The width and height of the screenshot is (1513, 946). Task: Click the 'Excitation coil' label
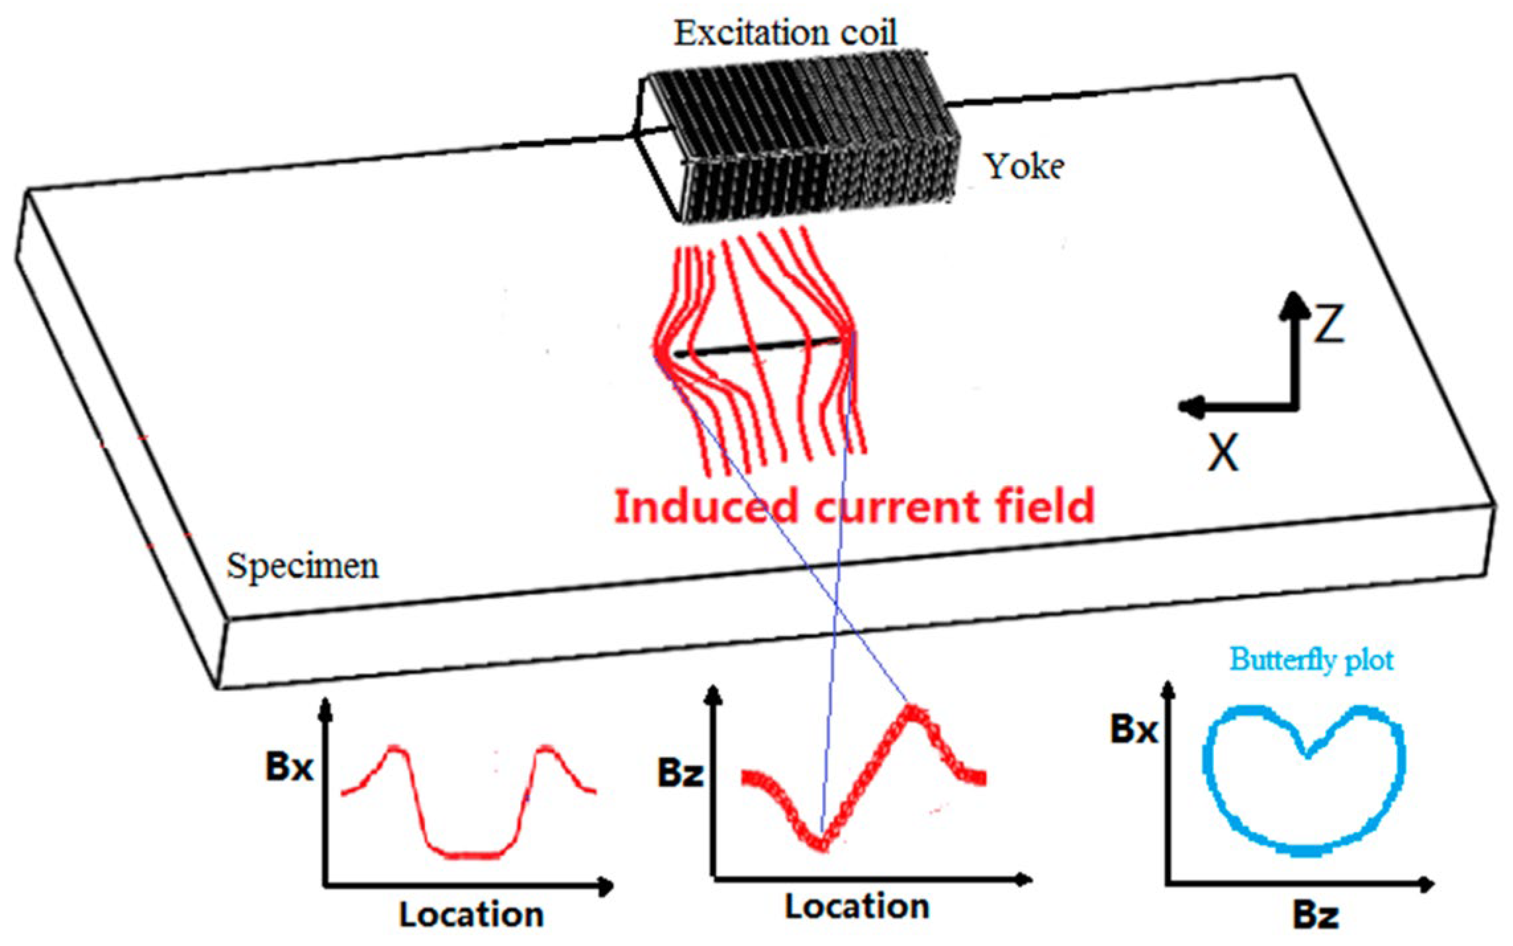coord(786,33)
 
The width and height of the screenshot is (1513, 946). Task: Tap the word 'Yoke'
coord(1025,166)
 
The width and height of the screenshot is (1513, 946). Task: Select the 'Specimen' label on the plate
coord(302,567)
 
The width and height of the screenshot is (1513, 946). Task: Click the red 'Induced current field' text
coord(854,507)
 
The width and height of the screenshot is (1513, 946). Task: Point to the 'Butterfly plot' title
coord(1311,660)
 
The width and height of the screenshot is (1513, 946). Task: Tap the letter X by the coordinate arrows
coord(1222,453)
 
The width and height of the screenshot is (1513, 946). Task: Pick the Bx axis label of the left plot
coord(289,768)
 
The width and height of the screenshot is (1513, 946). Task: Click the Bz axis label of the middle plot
coord(680,773)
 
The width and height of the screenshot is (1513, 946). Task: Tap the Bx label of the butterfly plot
coord(1134,730)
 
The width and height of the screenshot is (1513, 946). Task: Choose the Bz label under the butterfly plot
coord(1316,916)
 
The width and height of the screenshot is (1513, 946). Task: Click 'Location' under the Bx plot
coord(471,915)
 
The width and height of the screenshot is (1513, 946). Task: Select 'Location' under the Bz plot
coord(856,906)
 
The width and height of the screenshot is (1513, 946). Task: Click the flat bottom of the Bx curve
coord(467,855)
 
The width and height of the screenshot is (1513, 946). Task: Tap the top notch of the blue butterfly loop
coord(1307,753)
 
